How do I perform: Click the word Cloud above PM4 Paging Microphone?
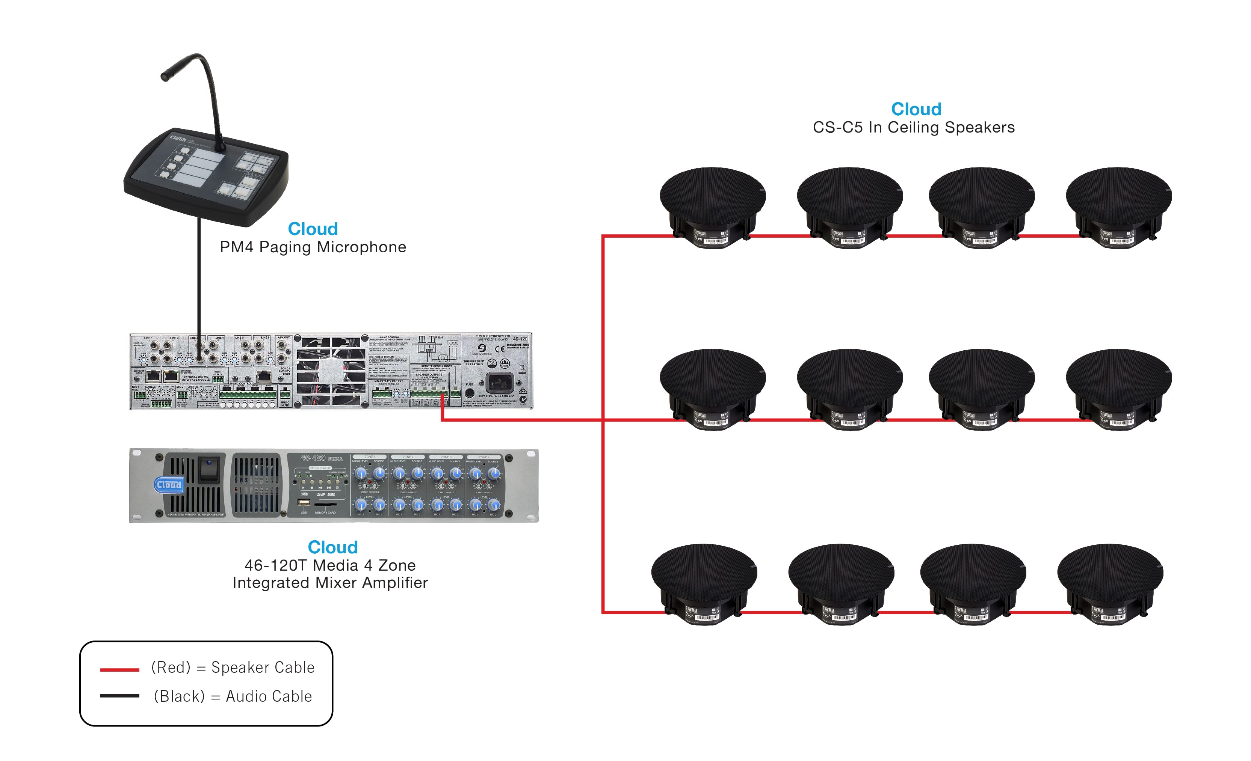tap(313, 229)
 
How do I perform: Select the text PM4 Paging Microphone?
tap(313, 247)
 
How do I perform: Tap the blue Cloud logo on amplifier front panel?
tap(169, 485)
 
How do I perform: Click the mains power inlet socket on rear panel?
tap(499, 383)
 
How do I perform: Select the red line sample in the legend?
tap(119, 670)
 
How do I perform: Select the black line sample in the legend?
tap(119, 696)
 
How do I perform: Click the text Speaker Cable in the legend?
tap(263, 667)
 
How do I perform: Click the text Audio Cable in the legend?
tap(269, 696)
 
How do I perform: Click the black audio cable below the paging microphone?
tap(199, 279)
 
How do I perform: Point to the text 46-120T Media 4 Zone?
tap(330, 565)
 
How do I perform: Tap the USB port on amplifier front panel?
tap(304, 502)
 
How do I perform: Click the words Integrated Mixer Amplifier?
tap(330, 582)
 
